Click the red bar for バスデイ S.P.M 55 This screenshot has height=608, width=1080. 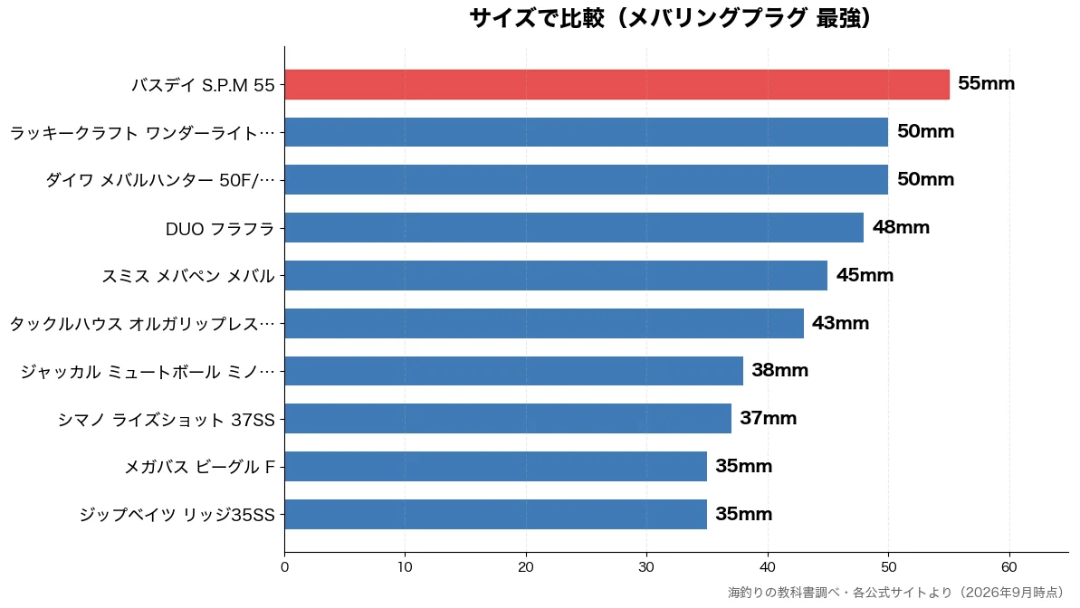(617, 85)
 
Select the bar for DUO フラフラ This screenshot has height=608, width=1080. (575, 228)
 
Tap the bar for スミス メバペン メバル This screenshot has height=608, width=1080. (556, 275)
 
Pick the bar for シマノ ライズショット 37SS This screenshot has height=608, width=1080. (509, 419)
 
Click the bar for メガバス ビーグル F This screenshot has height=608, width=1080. (496, 466)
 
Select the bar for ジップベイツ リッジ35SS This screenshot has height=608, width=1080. (496, 514)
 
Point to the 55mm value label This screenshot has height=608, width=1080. (987, 83)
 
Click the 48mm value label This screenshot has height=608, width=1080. (901, 227)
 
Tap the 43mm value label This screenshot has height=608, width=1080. (840, 323)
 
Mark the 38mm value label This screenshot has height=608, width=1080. (779, 370)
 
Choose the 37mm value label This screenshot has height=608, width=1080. (768, 418)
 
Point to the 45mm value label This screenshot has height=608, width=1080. (865, 275)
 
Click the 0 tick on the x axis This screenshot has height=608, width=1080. (284, 567)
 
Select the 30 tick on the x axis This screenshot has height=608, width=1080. (646, 567)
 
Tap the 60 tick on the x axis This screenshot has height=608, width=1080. (1009, 567)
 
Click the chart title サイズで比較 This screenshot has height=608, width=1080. (537, 18)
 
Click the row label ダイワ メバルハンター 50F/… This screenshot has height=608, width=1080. (160, 180)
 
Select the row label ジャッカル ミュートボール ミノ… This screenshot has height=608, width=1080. (148, 372)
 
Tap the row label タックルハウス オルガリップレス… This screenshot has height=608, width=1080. (142, 324)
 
